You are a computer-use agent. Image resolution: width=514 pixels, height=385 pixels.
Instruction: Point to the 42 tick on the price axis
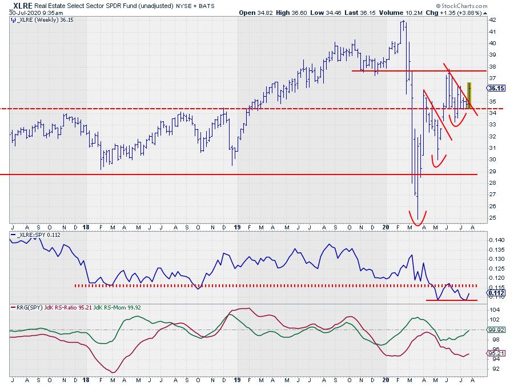coord(491,19)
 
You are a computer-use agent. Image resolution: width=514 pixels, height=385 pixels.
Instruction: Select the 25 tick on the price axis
coord(491,218)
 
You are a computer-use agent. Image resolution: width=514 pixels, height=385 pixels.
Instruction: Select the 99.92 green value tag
coord(495,330)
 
